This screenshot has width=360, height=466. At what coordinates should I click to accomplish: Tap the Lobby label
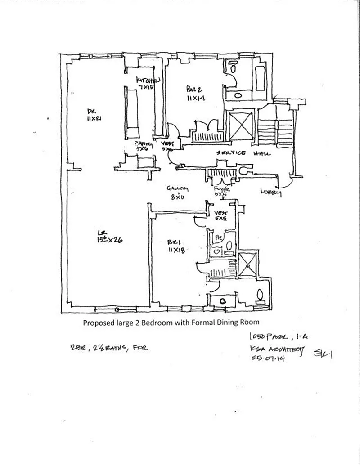271,193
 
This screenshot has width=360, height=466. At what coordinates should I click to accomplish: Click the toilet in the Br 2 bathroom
233,68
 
